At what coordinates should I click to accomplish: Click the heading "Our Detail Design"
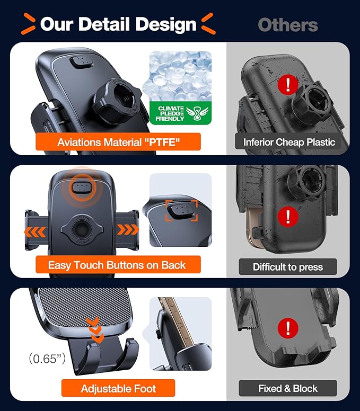(x=118, y=24)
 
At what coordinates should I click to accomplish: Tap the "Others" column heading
(x=288, y=24)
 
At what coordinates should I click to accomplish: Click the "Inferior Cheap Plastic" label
(x=289, y=142)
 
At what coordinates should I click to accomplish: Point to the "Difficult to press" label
(x=288, y=266)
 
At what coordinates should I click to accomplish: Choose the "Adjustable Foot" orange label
(x=118, y=389)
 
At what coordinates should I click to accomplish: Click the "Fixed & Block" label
(x=288, y=388)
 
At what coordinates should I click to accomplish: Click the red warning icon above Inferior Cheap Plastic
(x=287, y=85)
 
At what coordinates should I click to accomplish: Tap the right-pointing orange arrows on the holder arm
(x=128, y=230)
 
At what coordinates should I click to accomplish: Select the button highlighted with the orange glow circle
(x=81, y=186)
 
